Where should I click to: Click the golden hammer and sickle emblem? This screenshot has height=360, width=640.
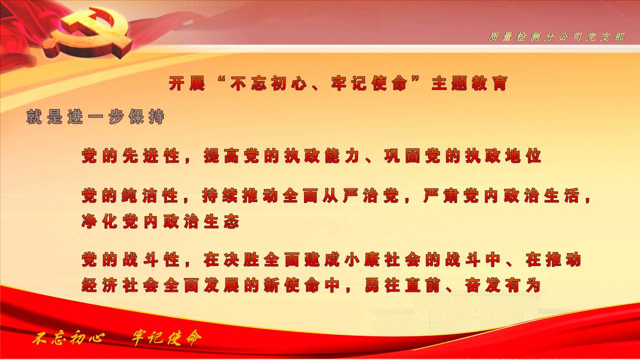[88, 33]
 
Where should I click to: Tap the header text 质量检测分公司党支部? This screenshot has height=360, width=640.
[556, 37]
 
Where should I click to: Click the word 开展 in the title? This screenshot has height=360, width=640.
[187, 83]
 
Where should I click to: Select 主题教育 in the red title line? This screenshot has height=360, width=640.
[469, 83]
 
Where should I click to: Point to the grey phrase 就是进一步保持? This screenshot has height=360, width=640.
[95, 116]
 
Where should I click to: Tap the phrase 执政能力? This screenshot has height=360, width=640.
[321, 156]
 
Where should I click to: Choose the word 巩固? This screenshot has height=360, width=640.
[402, 156]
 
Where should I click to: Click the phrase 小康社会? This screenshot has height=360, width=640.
[382, 259]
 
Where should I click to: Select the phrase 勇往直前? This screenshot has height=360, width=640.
[402, 285]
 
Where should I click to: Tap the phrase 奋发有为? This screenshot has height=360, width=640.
[502, 285]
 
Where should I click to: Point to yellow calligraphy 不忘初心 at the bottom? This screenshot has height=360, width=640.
[68, 338]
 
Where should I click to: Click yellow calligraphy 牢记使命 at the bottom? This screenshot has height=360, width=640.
[166, 338]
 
